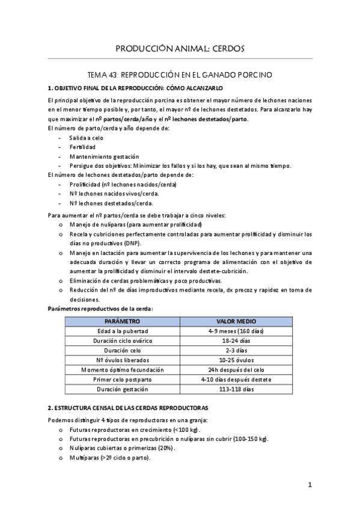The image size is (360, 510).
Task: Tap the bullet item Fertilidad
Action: [x=83, y=147]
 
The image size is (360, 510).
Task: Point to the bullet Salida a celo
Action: [x=87, y=138]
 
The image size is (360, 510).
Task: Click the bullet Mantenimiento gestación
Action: [x=104, y=156]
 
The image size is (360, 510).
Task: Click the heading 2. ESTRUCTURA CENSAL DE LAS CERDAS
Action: [x=128, y=407]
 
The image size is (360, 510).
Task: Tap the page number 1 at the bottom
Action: [x=310, y=485]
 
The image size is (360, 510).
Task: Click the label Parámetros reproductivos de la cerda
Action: [x=100, y=309]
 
